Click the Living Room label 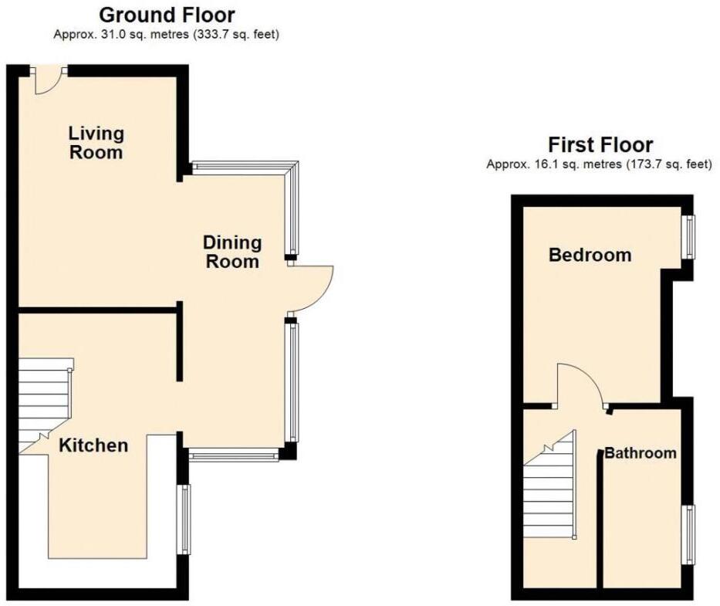pyautogui.click(x=96, y=143)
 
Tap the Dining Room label pyautogui.click(x=232, y=252)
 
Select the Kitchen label pyautogui.click(x=94, y=445)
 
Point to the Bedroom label pyautogui.click(x=590, y=255)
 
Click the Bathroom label pyautogui.click(x=640, y=453)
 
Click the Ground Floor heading pyautogui.click(x=167, y=15)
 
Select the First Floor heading pyautogui.click(x=600, y=144)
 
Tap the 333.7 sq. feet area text pyautogui.click(x=225, y=35)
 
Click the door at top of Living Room pyautogui.click(x=49, y=80)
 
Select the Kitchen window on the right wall pyautogui.click(x=184, y=520)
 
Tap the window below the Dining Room pyautogui.click(x=233, y=456)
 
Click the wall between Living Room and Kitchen pyautogui.click(x=97, y=310)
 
